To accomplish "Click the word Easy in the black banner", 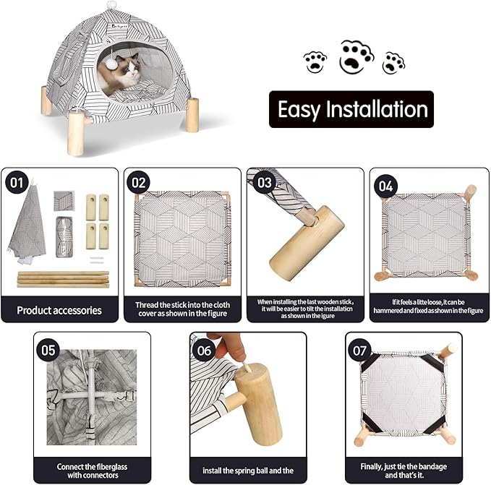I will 304,110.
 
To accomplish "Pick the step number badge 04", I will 385,186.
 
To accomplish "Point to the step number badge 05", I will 48,350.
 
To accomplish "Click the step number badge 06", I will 204,350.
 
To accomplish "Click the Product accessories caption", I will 59,310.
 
